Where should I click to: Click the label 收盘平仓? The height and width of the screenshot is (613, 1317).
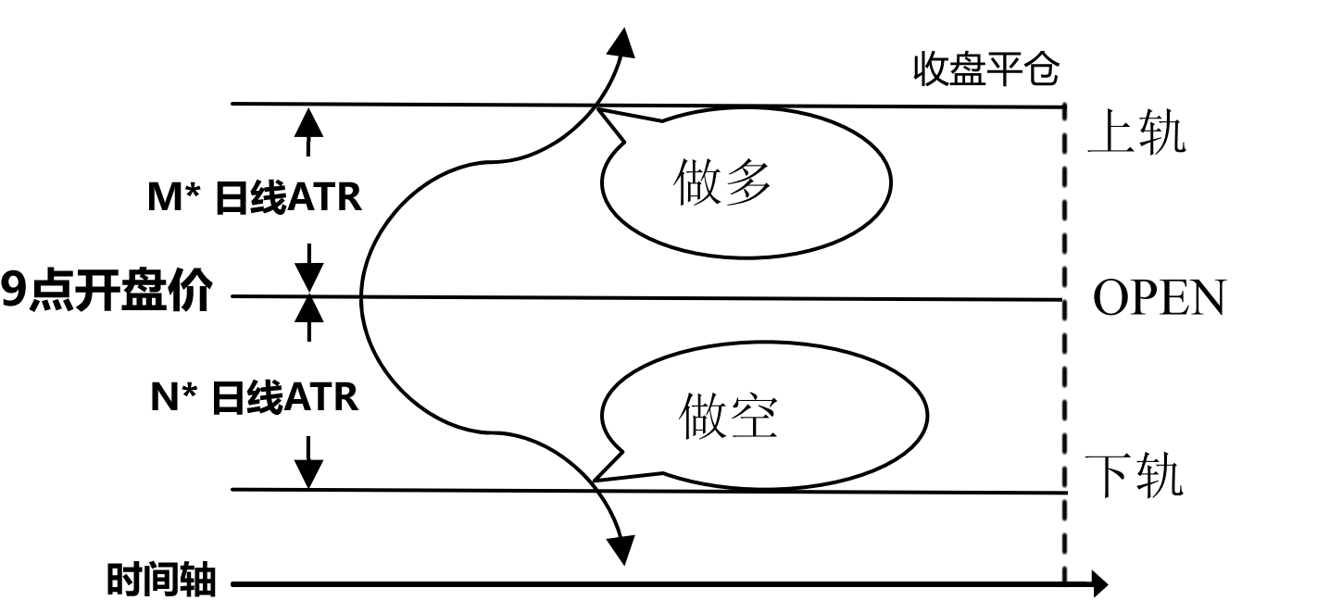tap(985, 69)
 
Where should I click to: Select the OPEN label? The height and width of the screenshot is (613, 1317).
tap(1159, 298)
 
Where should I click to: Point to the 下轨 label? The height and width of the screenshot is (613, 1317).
tap(1134, 476)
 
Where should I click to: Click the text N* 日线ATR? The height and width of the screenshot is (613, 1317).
tap(255, 398)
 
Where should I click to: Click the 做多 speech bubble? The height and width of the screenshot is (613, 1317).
tap(746, 181)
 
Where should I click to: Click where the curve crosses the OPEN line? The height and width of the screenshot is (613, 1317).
tap(360, 297)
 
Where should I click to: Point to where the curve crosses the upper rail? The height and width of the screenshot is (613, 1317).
tap(596, 106)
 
